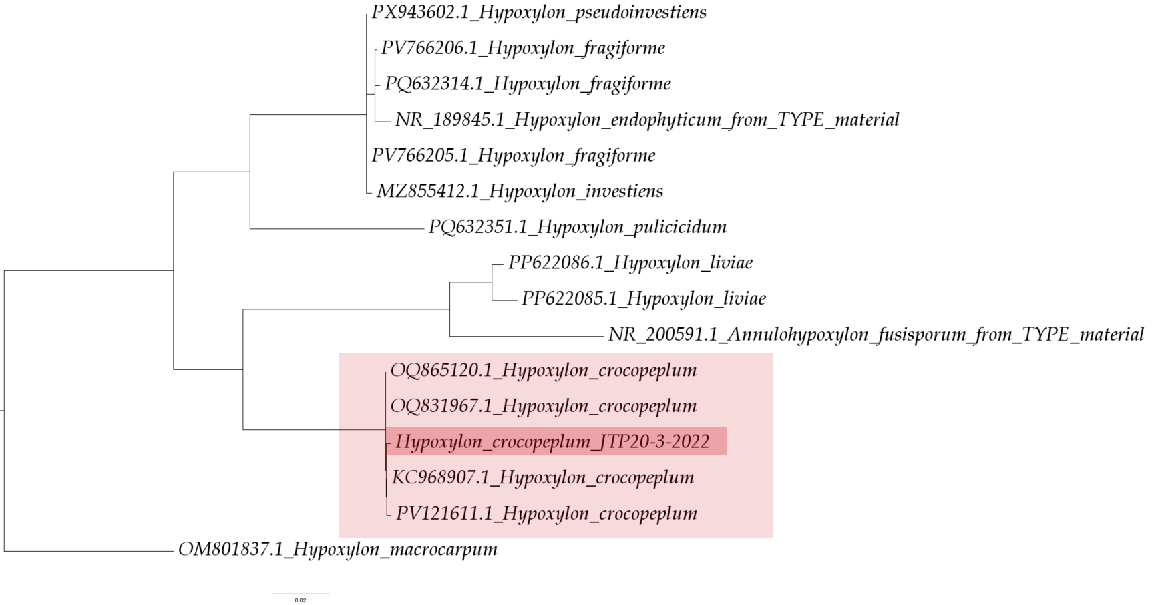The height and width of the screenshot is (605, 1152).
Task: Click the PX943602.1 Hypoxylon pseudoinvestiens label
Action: (539, 13)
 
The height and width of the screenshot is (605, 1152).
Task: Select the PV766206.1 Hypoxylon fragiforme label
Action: (523, 49)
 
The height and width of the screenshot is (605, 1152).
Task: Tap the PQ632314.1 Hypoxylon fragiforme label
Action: (528, 84)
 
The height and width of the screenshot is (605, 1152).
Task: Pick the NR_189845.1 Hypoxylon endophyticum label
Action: (647, 120)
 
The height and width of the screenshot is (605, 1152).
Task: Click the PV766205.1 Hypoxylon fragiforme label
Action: (514, 156)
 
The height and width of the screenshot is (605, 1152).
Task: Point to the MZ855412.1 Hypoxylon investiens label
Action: (520, 192)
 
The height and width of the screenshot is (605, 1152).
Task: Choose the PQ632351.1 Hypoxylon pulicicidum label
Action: (578, 228)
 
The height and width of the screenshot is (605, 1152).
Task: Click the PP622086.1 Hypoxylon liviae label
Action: (630, 263)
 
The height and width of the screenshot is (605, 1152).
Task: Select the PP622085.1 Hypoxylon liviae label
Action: (644, 299)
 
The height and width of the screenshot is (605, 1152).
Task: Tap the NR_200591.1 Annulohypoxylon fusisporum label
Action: (876, 335)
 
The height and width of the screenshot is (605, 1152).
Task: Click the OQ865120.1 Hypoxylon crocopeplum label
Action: (544, 371)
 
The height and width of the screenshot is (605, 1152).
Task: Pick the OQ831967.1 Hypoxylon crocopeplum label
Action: (544, 406)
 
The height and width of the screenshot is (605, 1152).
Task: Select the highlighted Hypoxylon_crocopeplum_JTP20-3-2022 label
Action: (552, 442)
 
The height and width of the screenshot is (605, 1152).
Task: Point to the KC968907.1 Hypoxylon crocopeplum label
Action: (543, 478)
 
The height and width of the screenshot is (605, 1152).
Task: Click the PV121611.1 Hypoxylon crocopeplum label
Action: (546, 514)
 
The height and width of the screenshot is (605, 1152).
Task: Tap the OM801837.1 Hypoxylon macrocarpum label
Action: (338, 550)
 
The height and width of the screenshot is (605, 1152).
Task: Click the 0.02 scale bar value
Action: (301, 600)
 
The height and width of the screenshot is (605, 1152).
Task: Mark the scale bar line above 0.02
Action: (301, 594)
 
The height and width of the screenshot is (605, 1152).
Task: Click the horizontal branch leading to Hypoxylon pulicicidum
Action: (337, 229)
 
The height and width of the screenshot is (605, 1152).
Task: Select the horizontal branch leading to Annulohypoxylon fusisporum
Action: (526, 336)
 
